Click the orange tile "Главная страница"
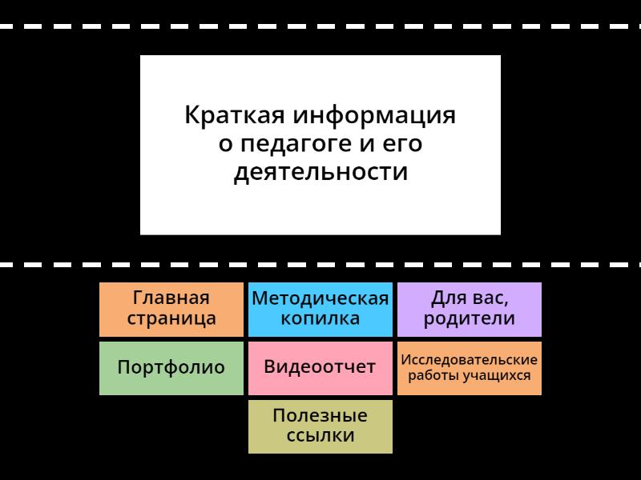pyautogui.click(x=171, y=309)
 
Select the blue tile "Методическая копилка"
pyautogui.click(x=320, y=309)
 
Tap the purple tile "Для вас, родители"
pyautogui.click(x=469, y=309)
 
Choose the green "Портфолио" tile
pyautogui.click(x=171, y=368)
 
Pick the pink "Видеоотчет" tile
pyautogui.click(x=320, y=368)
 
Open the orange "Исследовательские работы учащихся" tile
pyautogui.click(x=469, y=368)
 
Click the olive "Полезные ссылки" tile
pyautogui.click(x=320, y=426)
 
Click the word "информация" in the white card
pyautogui.click(x=373, y=116)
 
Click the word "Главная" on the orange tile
pyautogui.click(x=171, y=298)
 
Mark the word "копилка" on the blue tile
pyautogui.click(x=320, y=319)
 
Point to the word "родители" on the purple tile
pyautogui.click(x=469, y=319)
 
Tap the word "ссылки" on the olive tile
pyautogui.click(x=320, y=436)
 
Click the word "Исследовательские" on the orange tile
pyautogui.click(x=469, y=359)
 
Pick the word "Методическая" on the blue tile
pyautogui.click(x=320, y=298)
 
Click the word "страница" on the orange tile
pyautogui.click(x=171, y=319)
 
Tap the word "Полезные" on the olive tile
pyautogui.click(x=320, y=416)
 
